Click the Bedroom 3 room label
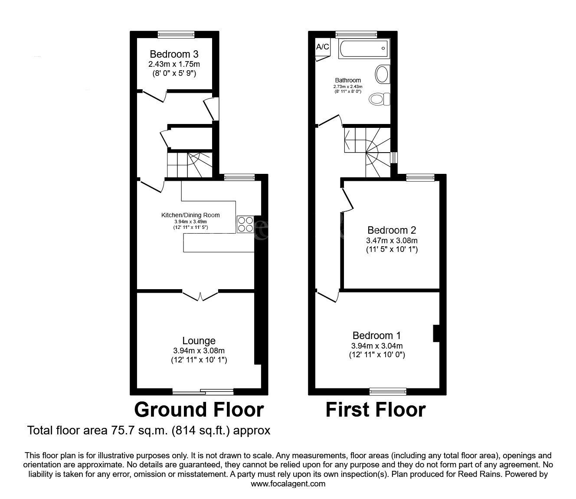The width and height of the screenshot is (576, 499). (x=174, y=55)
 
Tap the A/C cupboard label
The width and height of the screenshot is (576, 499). (x=322, y=47)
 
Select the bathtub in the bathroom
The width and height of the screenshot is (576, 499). (x=364, y=49)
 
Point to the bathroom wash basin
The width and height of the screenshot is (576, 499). (x=382, y=74)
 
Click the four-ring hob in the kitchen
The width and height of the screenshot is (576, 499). (x=245, y=224)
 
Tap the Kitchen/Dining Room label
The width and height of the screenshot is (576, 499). (x=190, y=215)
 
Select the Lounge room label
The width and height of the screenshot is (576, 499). (x=199, y=341)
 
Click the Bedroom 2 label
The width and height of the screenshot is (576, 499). (x=392, y=230)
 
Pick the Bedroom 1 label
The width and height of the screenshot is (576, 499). (x=376, y=336)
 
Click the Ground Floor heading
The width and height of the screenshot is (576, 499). (x=199, y=410)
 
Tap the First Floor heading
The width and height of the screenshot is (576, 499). (x=376, y=410)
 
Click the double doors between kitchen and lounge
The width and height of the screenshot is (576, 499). (x=200, y=296)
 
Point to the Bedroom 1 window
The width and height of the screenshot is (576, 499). (x=388, y=391)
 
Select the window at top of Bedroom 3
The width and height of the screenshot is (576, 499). (x=176, y=34)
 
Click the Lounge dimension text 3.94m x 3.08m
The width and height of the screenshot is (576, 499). (x=199, y=351)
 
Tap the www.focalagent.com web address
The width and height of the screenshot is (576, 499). (x=288, y=484)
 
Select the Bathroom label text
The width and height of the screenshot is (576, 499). (x=348, y=80)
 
